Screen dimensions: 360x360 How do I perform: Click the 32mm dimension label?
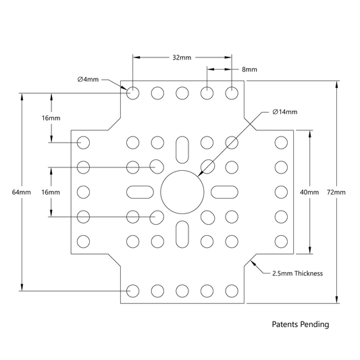(182, 57)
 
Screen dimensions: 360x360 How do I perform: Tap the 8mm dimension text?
(249, 70)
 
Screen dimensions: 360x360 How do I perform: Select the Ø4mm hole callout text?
(88, 80)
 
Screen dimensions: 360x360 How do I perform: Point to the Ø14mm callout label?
(285, 112)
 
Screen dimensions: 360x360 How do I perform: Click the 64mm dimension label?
(22, 192)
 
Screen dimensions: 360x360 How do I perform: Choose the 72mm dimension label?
(336, 192)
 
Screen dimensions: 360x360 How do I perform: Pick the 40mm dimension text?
(309, 192)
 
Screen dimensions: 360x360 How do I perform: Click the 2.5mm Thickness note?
(298, 274)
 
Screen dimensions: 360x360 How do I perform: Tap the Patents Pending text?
(301, 324)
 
